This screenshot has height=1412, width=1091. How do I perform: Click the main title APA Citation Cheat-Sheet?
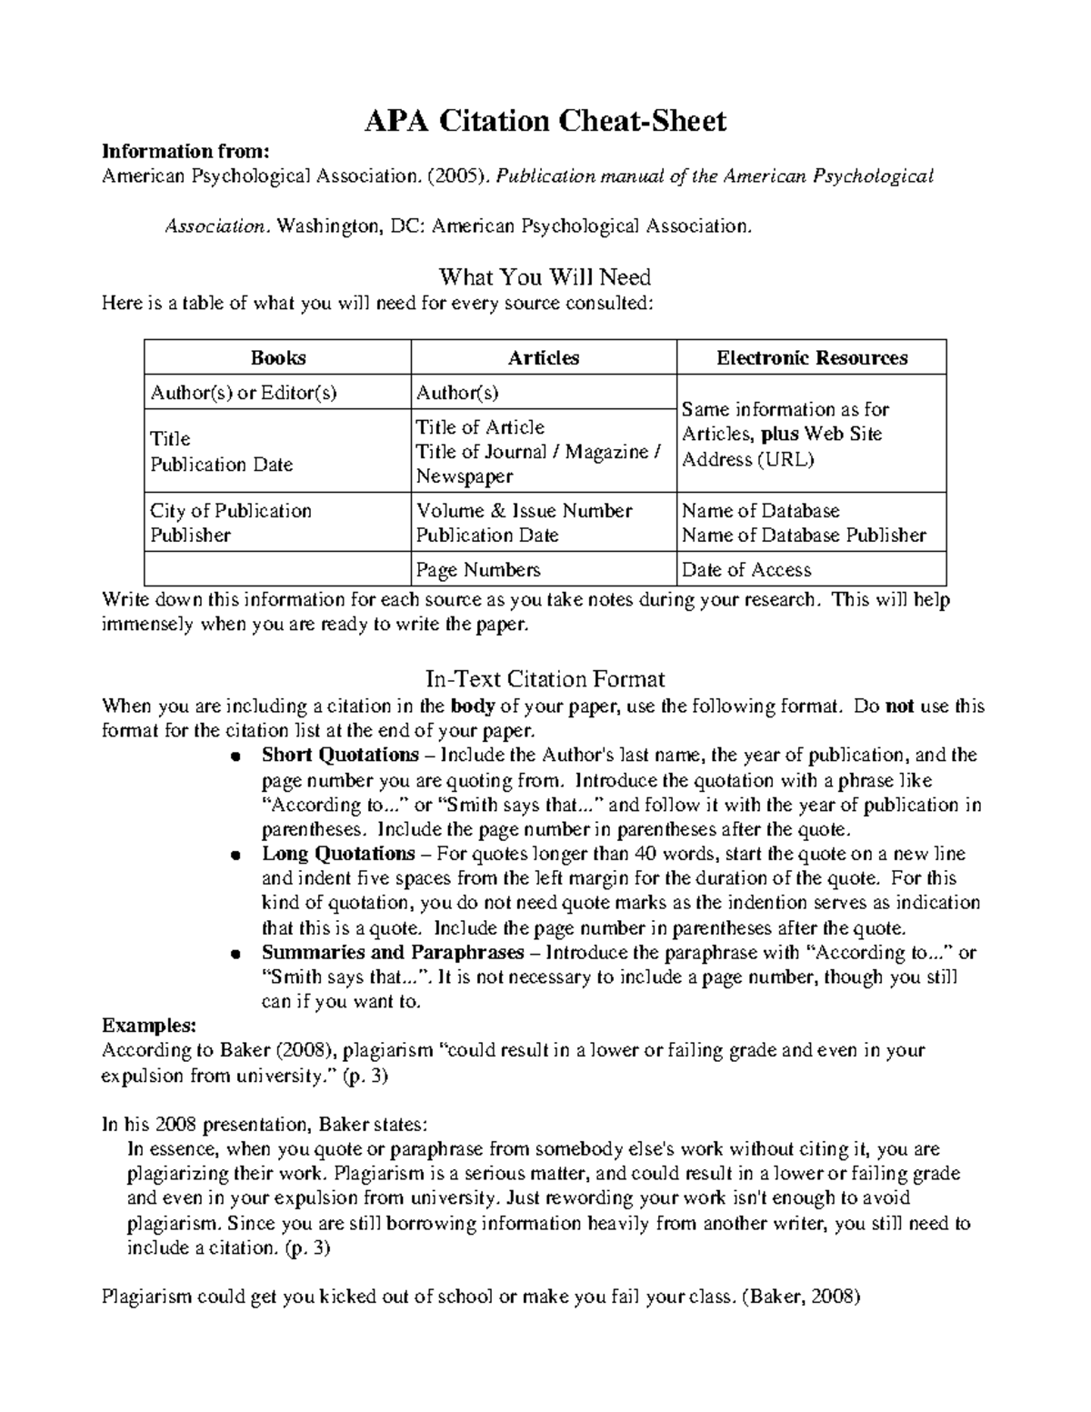point(545,121)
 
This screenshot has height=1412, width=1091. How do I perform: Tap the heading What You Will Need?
point(545,275)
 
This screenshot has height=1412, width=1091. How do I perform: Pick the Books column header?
point(278,358)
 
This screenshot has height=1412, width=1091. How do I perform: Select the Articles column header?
point(544,358)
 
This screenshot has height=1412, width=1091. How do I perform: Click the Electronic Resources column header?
point(812,358)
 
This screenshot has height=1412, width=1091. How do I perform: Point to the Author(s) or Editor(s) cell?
point(244,393)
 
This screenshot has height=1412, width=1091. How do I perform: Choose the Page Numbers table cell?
point(478,570)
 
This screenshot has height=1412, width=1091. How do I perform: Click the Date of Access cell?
point(746,570)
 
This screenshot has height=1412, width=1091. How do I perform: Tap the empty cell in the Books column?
point(277,570)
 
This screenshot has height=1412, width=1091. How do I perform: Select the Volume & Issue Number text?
point(524,511)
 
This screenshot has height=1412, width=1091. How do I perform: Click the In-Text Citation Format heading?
point(545,679)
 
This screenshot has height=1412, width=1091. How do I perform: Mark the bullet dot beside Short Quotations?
point(235,756)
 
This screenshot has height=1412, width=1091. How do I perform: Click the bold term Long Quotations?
point(338,854)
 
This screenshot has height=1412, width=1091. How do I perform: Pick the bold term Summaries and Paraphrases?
point(393,953)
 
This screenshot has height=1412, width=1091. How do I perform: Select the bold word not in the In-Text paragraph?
point(899,706)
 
